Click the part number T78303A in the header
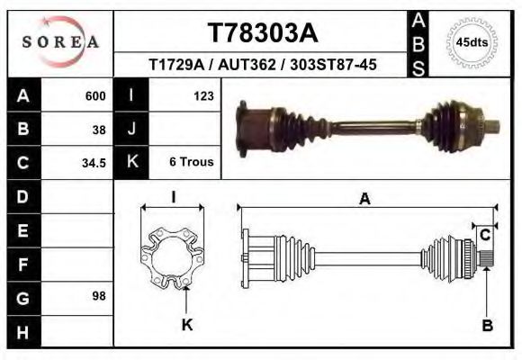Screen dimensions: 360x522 [263, 33]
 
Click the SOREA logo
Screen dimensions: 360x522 [61, 41]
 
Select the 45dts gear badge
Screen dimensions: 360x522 [472, 41]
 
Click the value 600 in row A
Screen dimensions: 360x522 [95, 96]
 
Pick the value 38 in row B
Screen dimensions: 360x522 [99, 129]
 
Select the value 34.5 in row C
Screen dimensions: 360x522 [94, 163]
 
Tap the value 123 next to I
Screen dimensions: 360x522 [202, 95]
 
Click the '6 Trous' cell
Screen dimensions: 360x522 [191, 162]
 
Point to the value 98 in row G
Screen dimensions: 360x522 [99, 296]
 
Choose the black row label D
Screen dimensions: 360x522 [22, 196]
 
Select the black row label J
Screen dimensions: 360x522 [131, 129]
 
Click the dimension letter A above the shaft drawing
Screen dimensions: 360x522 [364, 199]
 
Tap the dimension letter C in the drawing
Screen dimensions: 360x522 [485, 236]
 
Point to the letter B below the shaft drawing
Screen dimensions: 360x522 [487, 325]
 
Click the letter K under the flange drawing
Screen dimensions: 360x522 [187, 324]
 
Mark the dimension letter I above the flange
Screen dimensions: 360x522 [172, 197]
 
